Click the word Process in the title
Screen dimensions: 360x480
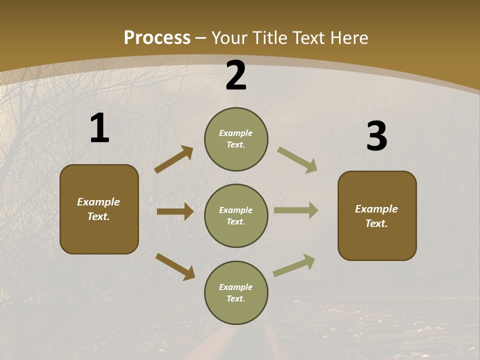[157, 38]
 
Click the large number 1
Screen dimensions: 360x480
[99, 128]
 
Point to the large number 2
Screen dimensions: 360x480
[236, 75]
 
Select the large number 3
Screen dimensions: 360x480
[376, 136]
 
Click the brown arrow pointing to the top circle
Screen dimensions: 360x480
[173, 159]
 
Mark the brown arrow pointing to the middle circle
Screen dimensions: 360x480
[175, 211]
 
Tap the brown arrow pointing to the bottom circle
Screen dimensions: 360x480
[175, 266]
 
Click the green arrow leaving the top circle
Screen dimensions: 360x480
[297, 160]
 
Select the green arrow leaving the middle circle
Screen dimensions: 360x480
[296, 210]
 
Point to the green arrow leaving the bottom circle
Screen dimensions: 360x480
[294, 265]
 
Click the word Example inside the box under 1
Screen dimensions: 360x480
[98, 202]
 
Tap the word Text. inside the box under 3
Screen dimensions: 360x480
[376, 223]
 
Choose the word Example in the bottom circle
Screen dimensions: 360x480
[236, 287]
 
